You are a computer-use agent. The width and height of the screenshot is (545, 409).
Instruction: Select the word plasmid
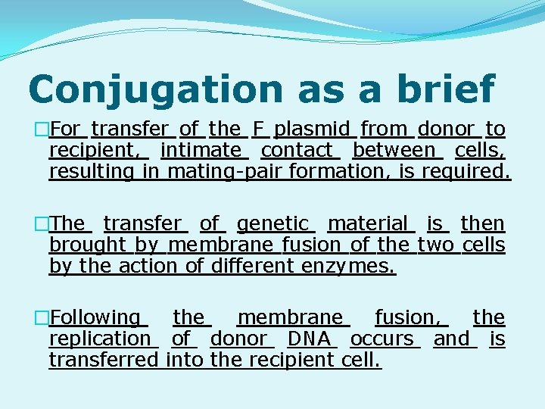click(x=313, y=130)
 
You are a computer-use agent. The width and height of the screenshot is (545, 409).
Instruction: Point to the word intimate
click(x=201, y=151)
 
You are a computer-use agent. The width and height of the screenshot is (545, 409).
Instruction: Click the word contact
click(x=297, y=151)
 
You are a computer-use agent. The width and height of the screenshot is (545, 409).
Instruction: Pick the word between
click(x=394, y=151)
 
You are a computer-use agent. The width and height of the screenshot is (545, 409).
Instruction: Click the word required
click(x=469, y=172)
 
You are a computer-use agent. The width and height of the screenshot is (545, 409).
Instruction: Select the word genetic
click(x=272, y=223)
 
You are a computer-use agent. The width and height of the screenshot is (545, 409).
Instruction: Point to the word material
click(x=367, y=223)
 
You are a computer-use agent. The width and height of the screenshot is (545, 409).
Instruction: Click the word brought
click(x=87, y=245)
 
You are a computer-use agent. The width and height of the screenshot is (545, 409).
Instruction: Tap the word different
click(x=251, y=266)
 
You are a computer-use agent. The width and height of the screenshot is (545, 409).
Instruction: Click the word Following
click(x=95, y=317)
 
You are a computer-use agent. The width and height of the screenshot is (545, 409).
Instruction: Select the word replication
click(x=100, y=339)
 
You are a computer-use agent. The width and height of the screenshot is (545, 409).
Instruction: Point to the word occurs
click(x=381, y=339)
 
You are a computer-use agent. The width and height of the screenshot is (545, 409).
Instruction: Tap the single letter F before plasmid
click(x=258, y=130)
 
